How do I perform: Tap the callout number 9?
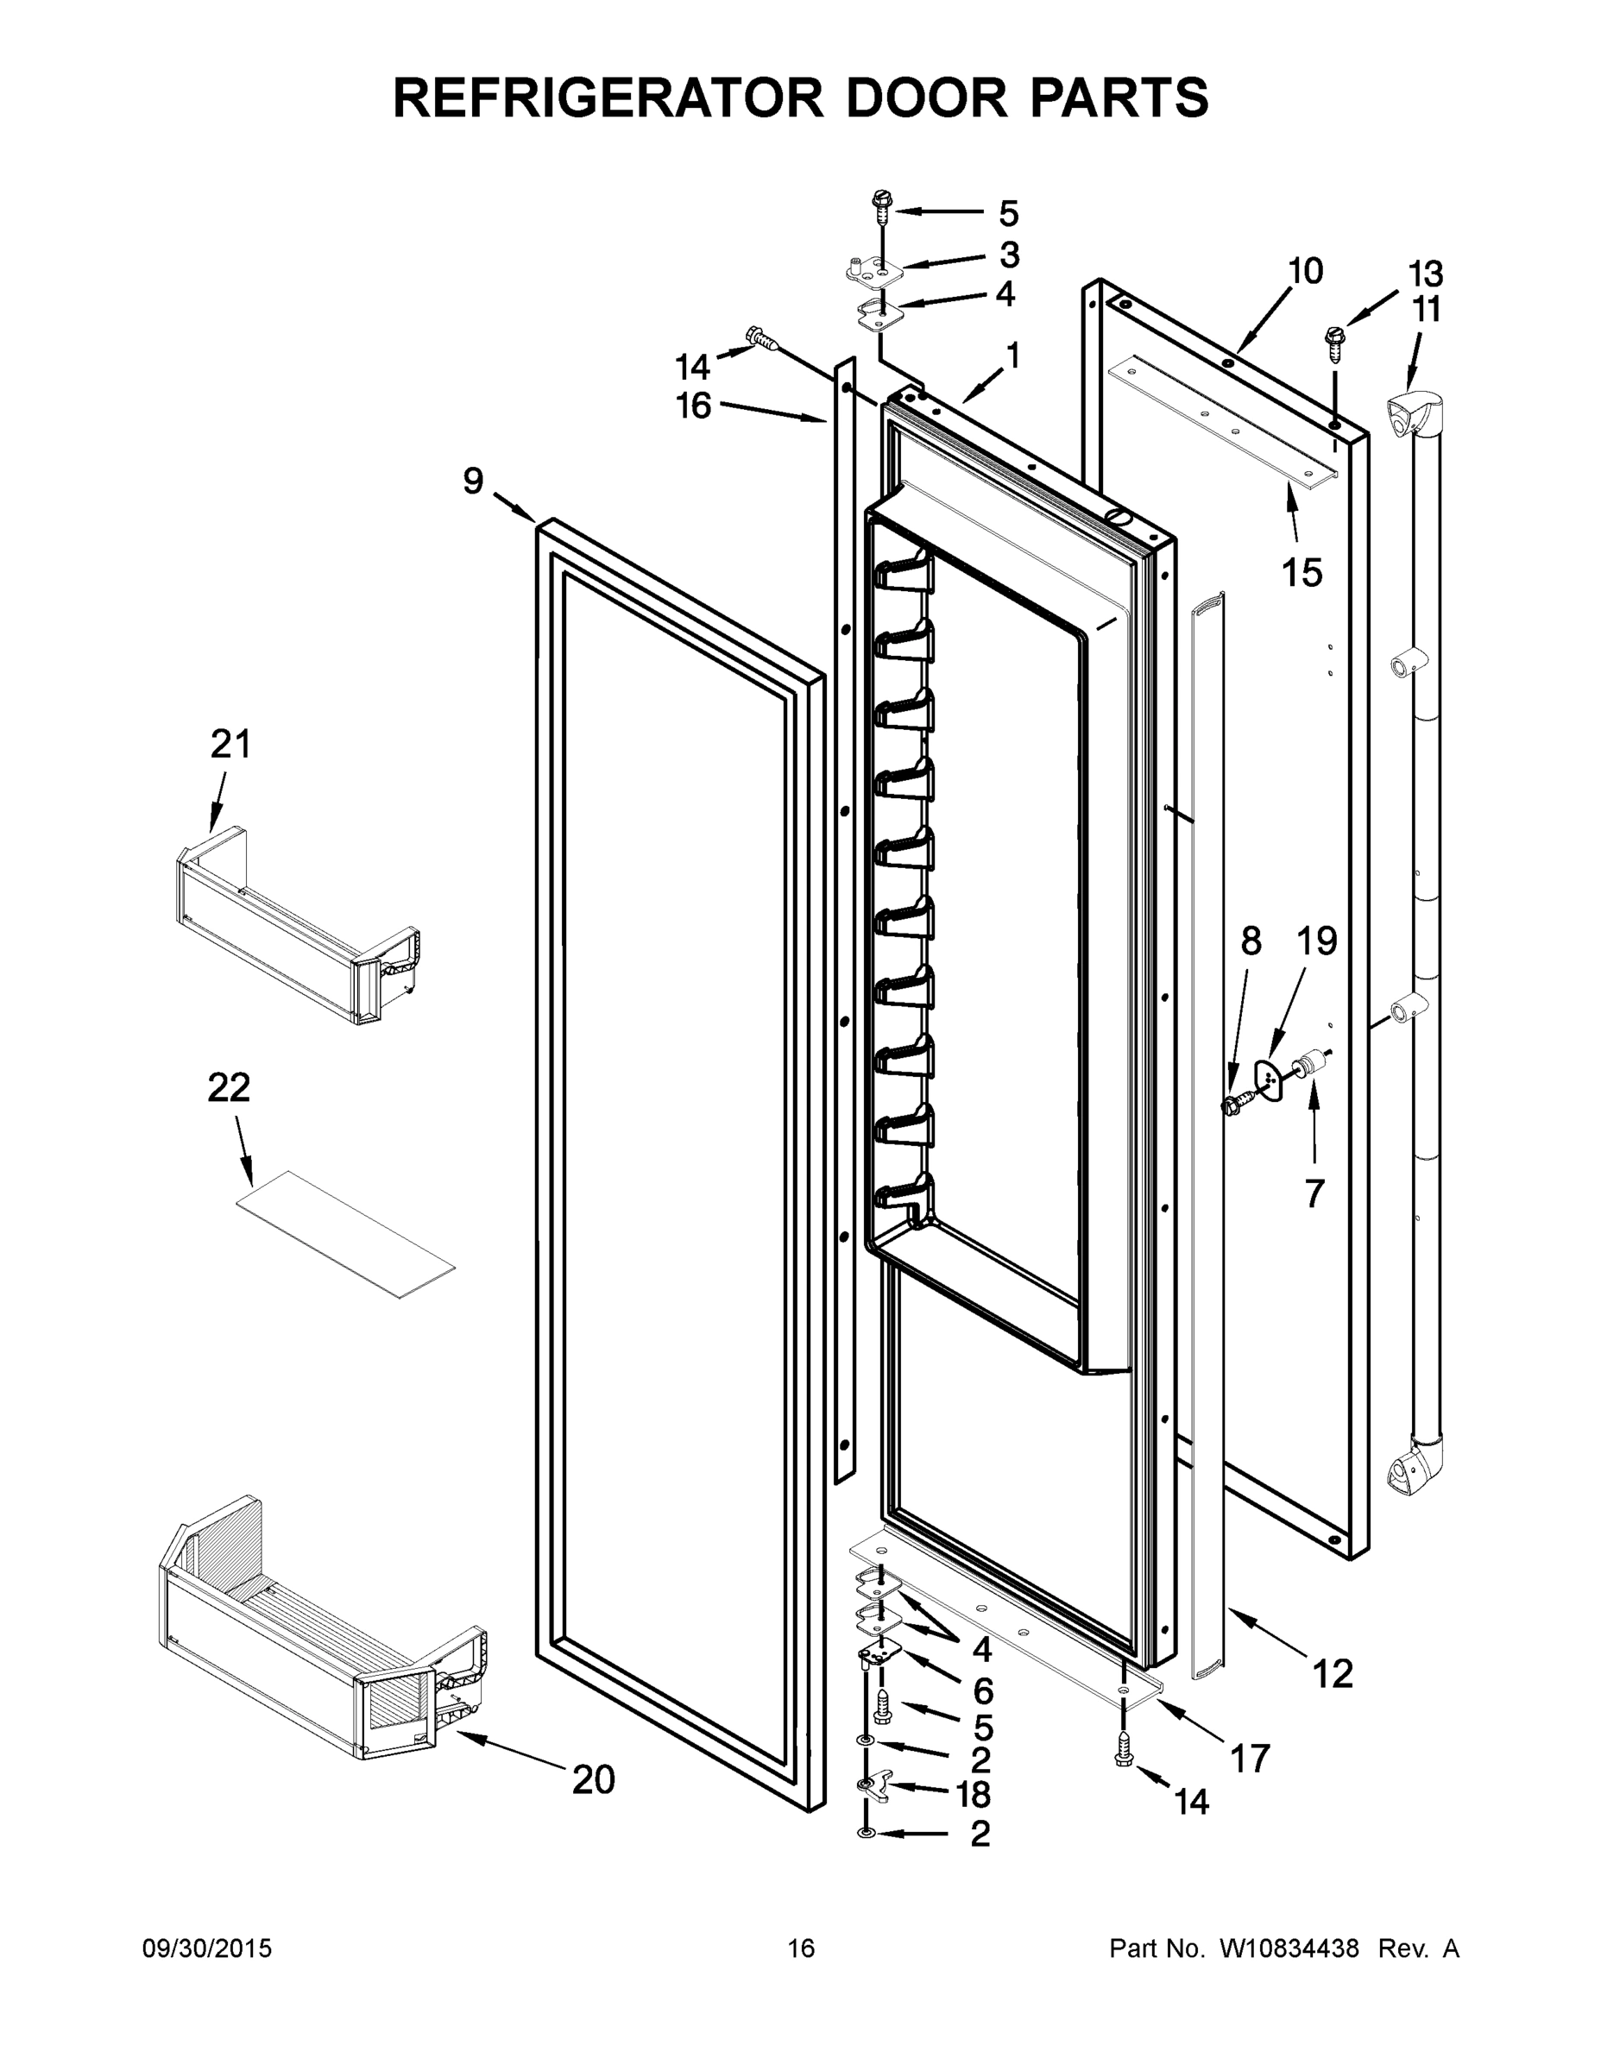(x=473, y=481)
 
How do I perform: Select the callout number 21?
(x=230, y=745)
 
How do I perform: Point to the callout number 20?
(x=594, y=1780)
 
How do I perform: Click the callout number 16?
(x=693, y=406)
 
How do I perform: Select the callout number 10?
(x=1305, y=271)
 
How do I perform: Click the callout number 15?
(x=1302, y=573)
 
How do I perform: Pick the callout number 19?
(x=1316, y=941)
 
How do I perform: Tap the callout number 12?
(x=1333, y=1675)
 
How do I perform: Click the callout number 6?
(x=982, y=1690)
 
